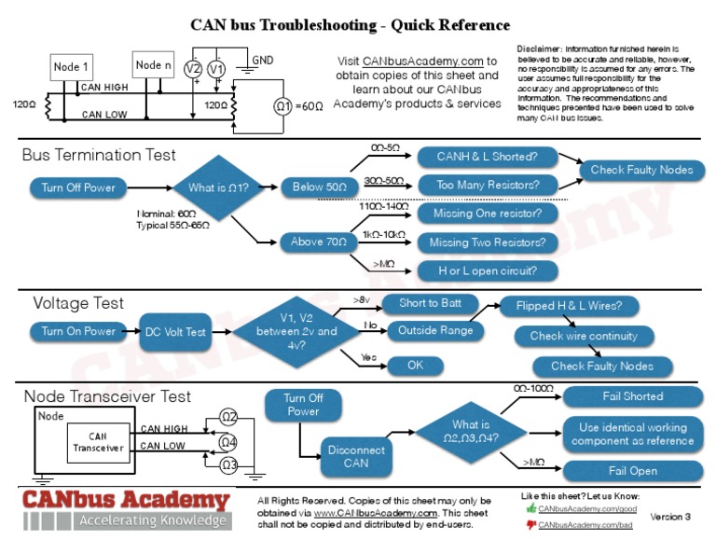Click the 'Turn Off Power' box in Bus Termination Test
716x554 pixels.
(78, 187)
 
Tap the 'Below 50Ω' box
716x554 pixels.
(321, 187)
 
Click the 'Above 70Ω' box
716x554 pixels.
(319, 242)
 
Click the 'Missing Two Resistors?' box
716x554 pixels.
(487, 242)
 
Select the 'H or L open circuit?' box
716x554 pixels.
(487, 271)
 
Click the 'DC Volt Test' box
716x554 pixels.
(175, 331)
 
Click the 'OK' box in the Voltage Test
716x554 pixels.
(416, 366)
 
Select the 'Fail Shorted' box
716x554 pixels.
(632, 396)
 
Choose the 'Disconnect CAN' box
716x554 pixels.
(356, 457)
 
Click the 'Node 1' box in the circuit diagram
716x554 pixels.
(72, 66)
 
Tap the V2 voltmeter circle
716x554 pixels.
(193, 70)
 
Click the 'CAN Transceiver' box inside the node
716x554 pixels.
(98, 442)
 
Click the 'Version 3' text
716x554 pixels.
(670, 517)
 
